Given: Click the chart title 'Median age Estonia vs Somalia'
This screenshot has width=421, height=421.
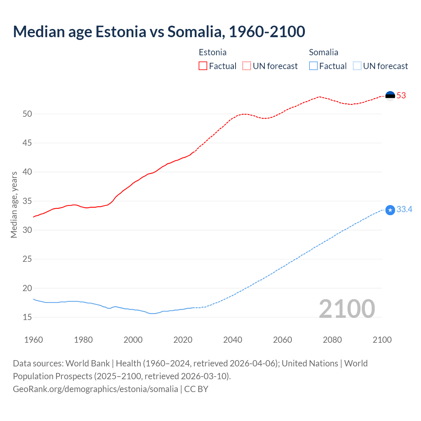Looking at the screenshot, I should point(159,32).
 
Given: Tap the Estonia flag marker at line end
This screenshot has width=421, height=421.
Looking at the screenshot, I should point(390,96).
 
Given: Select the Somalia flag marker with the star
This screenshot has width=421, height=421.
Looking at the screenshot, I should point(390,210).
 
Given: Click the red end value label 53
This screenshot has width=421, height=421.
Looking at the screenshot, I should point(401,96).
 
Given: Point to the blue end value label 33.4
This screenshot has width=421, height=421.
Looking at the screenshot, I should point(404,210).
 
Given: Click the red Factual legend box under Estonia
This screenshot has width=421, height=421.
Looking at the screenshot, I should point(203,66).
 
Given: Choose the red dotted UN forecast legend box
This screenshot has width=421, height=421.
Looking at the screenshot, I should point(247,66).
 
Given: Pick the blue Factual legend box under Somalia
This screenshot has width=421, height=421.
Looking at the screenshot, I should point(313,66).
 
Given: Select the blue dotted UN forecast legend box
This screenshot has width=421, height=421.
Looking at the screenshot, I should point(357,66).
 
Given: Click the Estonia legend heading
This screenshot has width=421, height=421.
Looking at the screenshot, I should point(212,52).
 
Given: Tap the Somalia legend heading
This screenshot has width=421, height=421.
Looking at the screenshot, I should point(323,52).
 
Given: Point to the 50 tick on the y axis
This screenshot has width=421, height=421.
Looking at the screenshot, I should point(27,114).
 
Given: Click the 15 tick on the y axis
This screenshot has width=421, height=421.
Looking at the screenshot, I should point(27,317).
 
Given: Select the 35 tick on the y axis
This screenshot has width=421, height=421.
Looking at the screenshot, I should point(27,201).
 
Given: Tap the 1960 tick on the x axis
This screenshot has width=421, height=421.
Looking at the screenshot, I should point(34,340).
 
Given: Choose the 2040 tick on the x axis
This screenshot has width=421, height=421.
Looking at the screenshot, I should point(233,340).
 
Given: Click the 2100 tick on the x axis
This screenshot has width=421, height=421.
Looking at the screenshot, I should point(382,340).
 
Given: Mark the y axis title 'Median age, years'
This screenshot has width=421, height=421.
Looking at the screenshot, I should point(14,205).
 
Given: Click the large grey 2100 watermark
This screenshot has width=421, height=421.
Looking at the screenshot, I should point(347,309).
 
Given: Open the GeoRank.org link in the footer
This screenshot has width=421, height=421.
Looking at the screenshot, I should point(95,389).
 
